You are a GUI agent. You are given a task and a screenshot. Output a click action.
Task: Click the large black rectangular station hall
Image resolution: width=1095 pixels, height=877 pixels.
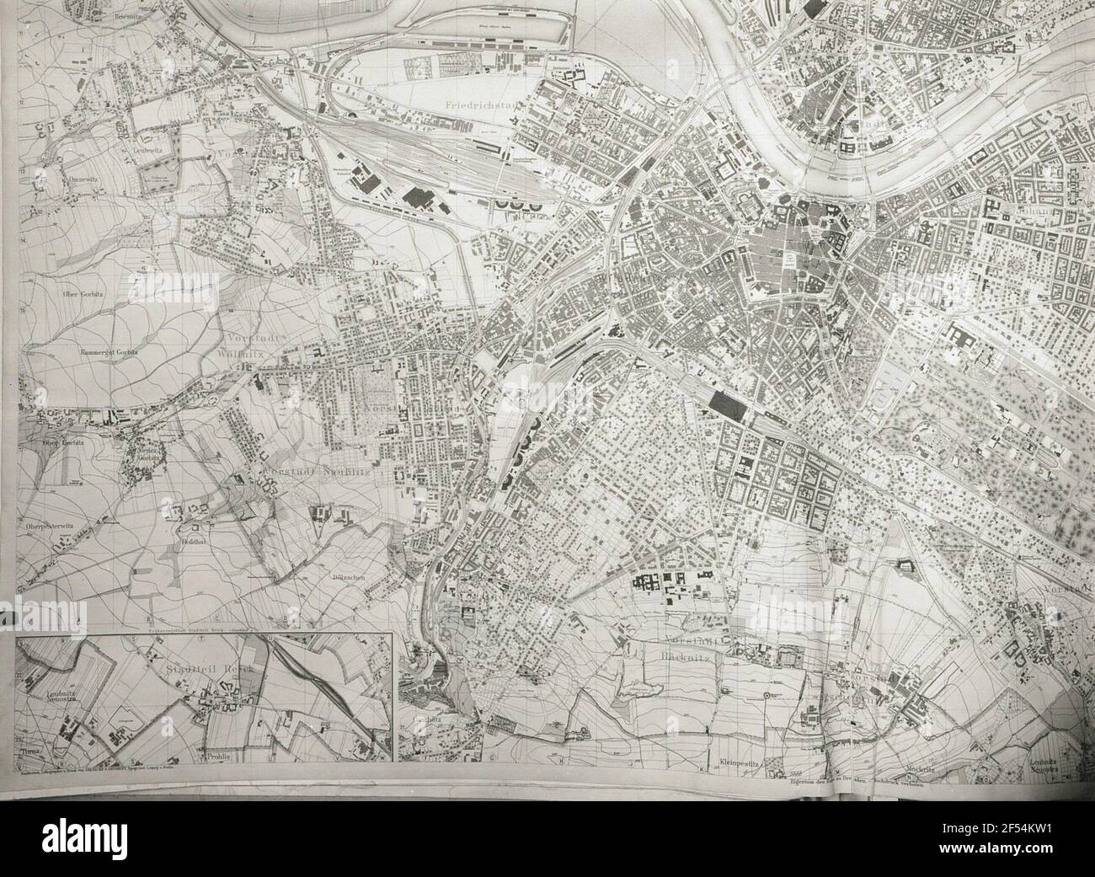(726, 405)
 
